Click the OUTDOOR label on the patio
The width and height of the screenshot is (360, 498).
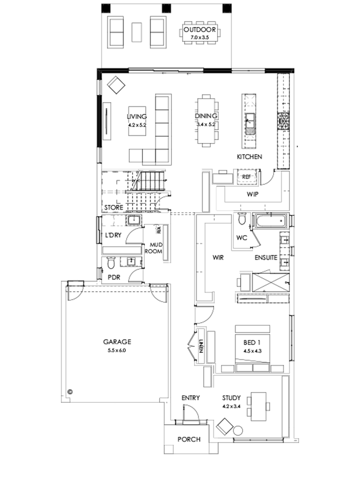(x=200, y=30)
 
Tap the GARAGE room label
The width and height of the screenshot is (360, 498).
(x=117, y=342)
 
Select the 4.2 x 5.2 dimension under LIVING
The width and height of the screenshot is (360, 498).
(x=137, y=125)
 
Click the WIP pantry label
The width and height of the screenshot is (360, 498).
(x=252, y=194)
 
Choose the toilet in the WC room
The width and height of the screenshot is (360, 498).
(x=242, y=219)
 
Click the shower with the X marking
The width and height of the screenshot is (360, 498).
(x=270, y=282)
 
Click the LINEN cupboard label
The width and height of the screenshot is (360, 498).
(x=201, y=344)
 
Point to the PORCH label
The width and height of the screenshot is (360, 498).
(x=189, y=439)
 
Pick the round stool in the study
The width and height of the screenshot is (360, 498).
(x=238, y=431)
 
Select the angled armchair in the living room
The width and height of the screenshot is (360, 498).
(x=116, y=85)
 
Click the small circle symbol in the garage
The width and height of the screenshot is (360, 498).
(x=70, y=391)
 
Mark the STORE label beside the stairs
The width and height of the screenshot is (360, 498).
(x=114, y=208)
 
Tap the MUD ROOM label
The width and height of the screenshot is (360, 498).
(x=156, y=248)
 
